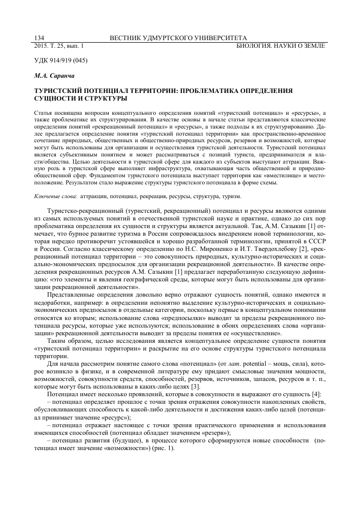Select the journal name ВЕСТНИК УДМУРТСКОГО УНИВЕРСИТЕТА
179,38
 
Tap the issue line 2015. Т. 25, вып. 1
59,46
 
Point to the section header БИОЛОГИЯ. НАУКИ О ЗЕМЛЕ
281,46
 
